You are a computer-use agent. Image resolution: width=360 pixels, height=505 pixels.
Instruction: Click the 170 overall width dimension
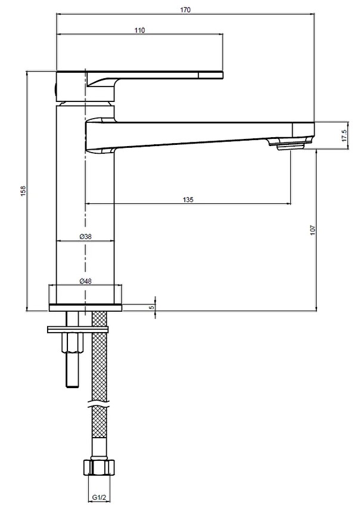tap(185, 10)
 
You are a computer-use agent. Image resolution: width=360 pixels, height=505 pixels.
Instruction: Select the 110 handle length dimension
tap(139, 30)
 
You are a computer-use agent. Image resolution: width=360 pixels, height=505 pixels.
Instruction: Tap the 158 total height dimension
tap(23, 191)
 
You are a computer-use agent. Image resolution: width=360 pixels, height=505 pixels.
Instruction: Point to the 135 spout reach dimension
tap(188, 200)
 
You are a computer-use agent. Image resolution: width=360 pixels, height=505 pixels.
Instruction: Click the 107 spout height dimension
tap(313, 230)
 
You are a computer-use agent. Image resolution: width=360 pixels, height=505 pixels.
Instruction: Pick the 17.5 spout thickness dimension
tap(345, 136)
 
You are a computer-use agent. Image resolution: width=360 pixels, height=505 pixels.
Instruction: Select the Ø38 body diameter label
tap(85, 236)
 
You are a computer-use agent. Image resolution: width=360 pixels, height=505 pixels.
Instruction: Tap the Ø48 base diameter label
tap(85, 281)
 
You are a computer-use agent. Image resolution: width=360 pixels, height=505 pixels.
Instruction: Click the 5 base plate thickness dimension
tap(151, 307)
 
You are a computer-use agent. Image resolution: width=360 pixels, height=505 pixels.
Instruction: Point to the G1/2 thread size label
tap(99, 498)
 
